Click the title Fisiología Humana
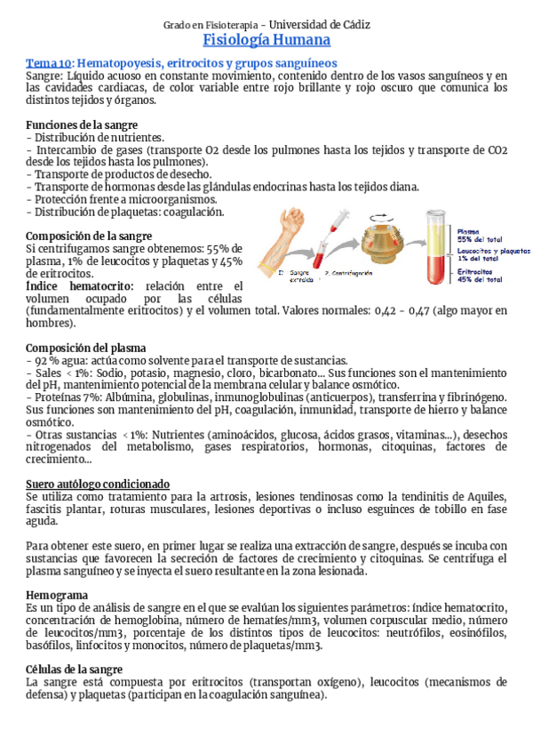point(266,41)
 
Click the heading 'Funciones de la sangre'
point(76,124)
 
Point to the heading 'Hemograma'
point(57,594)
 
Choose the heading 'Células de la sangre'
point(75,670)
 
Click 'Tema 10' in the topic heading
point(48,63)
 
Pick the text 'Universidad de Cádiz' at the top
point(320,24)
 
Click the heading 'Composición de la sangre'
point(82,236)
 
